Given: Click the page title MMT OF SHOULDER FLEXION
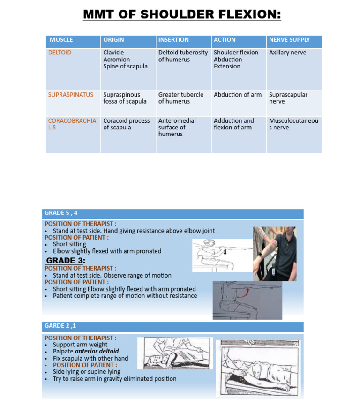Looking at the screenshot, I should [182, 15].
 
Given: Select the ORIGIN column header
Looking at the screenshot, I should [113, 40].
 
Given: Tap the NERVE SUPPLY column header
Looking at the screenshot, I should [289, 40].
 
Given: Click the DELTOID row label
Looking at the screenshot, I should [60, 53].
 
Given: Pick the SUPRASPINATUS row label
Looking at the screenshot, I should [71, 95].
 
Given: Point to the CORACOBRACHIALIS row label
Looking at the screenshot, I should [72, 124].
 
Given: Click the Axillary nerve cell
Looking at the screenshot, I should [287, 53].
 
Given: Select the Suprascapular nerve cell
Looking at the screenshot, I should [288, 98].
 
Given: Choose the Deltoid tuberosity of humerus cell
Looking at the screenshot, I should [183, 56].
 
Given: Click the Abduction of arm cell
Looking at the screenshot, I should [238, 95].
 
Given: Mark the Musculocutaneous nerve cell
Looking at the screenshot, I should [293, 124].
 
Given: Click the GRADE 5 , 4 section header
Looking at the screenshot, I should [61, 213].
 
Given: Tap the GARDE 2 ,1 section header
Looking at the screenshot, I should [60, 325].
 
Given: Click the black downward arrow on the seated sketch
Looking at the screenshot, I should [225, 252].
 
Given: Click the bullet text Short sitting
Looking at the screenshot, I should [69, 244].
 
